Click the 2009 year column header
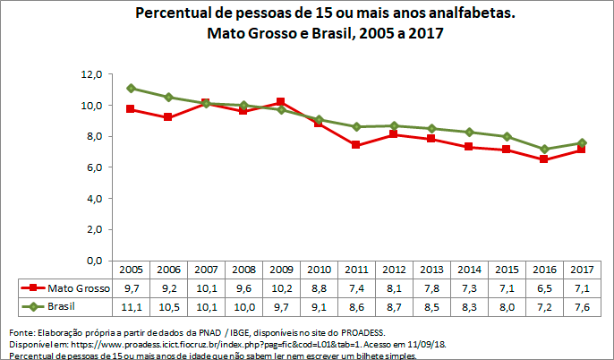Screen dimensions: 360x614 point(281,270)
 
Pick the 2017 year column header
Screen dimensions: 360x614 point(582,270)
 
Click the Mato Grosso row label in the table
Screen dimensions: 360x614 point(77,288)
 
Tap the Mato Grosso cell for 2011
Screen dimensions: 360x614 point(356,288)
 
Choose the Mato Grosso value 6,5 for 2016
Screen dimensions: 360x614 point(544,288)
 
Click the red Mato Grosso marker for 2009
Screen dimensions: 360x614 point(281,102)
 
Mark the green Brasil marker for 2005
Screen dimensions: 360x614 point(131,89)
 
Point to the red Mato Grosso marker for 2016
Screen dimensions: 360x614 point(544,159)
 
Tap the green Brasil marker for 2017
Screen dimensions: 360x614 point(582,142)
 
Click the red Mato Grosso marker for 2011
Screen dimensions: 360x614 point(356,145)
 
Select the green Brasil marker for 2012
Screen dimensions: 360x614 point(394,125)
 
